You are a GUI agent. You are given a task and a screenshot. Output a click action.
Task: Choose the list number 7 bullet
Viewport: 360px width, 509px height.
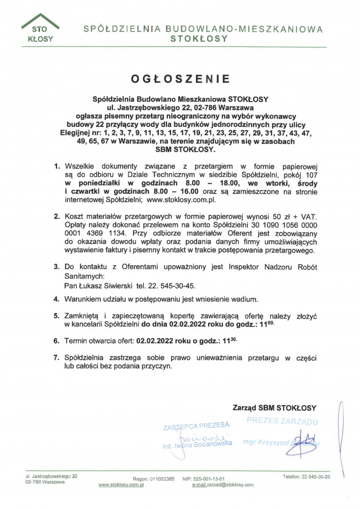[x=57, y=358]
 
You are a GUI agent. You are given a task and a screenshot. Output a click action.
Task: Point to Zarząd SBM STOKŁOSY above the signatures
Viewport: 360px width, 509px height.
[x=274, y=408]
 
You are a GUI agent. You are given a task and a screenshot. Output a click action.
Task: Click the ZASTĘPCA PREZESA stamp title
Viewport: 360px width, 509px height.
[x=196, y=425]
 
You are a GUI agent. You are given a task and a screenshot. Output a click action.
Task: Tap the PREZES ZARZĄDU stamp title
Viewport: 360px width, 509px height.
[x=283, y=421]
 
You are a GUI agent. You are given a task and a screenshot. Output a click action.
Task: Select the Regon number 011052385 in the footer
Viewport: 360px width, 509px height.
[x=161, y=479]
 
